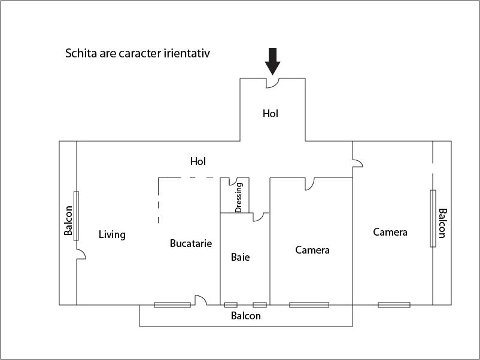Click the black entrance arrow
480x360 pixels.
point(272,61)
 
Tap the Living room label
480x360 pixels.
point(112,235)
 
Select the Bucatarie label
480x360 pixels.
point(191,243)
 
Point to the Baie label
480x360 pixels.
point(241,257)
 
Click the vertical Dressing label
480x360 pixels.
point(239,197)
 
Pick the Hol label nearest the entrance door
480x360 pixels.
point(271,114)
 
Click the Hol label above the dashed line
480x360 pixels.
point(198,161)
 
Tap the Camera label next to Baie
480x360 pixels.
point(312,250)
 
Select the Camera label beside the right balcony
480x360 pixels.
point(390,232)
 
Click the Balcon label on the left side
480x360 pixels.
point(68,220)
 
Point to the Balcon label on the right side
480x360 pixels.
point(443,223)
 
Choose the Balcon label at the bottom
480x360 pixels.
point(246,316)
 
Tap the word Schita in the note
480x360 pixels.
point(81,53)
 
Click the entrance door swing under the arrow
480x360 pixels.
point(272,83)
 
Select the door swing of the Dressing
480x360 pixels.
point(233,181)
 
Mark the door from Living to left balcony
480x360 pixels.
point(81,254)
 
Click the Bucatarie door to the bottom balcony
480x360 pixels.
point(201,300)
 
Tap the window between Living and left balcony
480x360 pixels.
point(76,216)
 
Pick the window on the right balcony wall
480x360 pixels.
point(433,218)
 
